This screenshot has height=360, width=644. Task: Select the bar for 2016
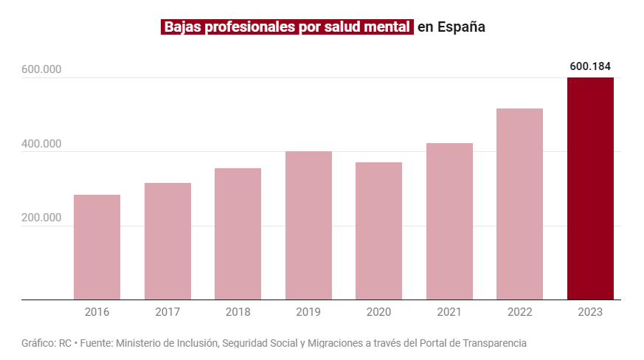[x=97, y=247]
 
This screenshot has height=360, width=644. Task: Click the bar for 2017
[x=167, y=241]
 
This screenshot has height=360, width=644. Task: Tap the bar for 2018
[x=238, y=234]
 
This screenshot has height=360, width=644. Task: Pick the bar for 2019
[x=308, y=226]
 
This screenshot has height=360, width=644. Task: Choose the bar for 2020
[x=378, y=231]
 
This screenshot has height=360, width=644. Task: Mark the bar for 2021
[x=449, y=221]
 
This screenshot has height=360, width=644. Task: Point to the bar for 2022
[x=519, y=204]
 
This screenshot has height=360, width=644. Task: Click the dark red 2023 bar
[x=590, y=189]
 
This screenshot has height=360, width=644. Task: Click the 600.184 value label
[x=590, y=66]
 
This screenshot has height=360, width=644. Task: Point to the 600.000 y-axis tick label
[x=41, y=70]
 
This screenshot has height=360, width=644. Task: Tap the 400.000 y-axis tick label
[x=41, y=145]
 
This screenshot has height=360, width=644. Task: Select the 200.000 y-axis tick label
[x=41, y=218]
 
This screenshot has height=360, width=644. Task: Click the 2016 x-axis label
[x=97, y=312]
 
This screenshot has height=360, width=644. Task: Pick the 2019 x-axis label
[x=308, y=312]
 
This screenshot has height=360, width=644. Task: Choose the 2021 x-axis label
[x=449, y=312]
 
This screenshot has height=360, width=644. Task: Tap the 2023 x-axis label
[x=590, y=312]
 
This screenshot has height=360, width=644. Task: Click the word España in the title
[x=461, y=27]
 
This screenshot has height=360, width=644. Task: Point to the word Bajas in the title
[x=182, y=27]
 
